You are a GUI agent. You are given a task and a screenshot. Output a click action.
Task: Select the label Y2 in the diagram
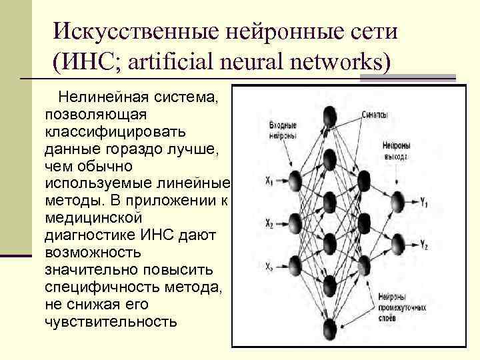click(x=423, y=247)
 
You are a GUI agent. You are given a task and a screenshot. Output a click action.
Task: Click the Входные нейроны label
click(x=283, y=129)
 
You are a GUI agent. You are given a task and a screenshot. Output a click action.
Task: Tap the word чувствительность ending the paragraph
click(x=111, y=322)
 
